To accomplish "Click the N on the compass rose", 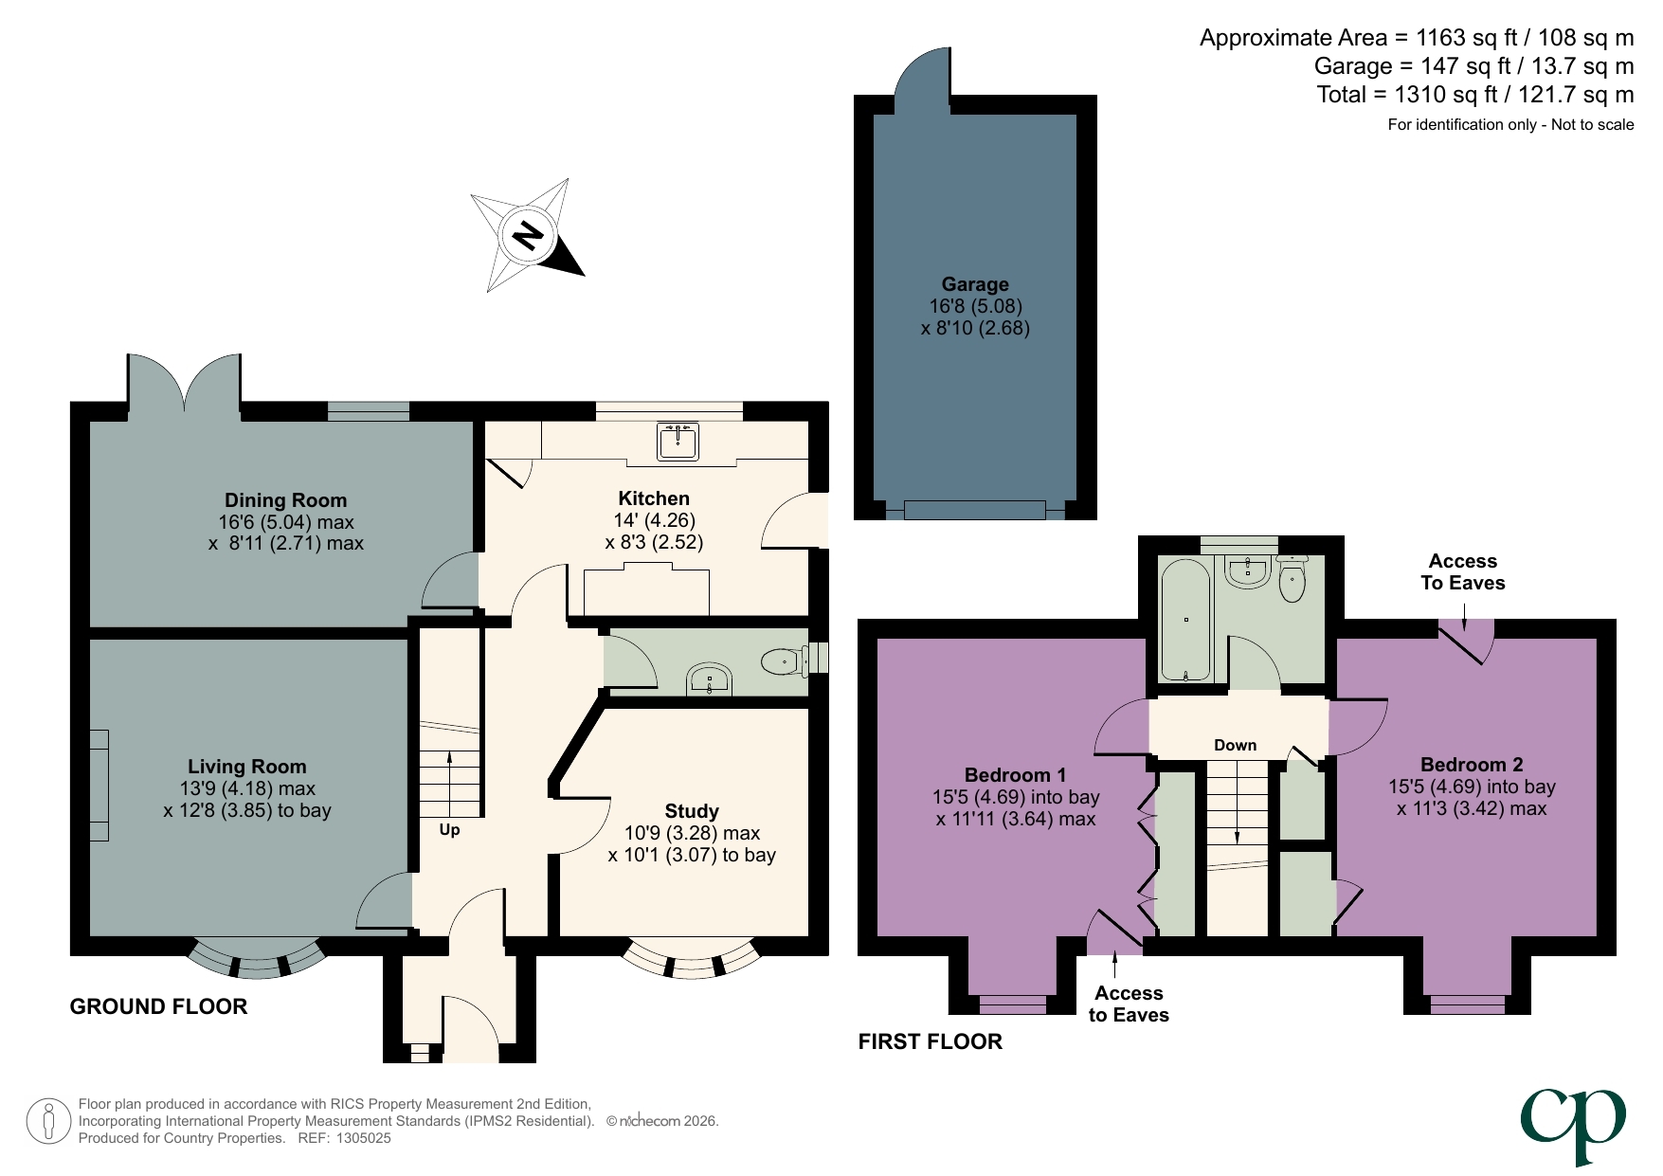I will click(528, 234).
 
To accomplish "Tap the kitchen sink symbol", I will click(678, 441).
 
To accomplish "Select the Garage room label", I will click(975, 284).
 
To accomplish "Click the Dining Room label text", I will click(285, 500).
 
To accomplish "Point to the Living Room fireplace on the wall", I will click(99, 785).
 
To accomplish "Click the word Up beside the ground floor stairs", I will click(449, 830).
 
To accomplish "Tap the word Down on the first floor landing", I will click(1235, 746).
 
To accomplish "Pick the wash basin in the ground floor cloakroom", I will click(709, 679).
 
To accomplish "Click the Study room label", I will click(692, 811).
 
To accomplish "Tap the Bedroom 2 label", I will click(1471, 765).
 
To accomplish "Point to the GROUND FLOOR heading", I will click(158, 1006).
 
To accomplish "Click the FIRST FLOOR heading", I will click(930, 1041).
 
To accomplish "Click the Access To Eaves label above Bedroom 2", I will click(1462, 572).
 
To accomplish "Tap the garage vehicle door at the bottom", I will click(974, 510).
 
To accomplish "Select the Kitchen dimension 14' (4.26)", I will click(654, 520).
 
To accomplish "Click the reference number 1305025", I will click(363, 1138).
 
